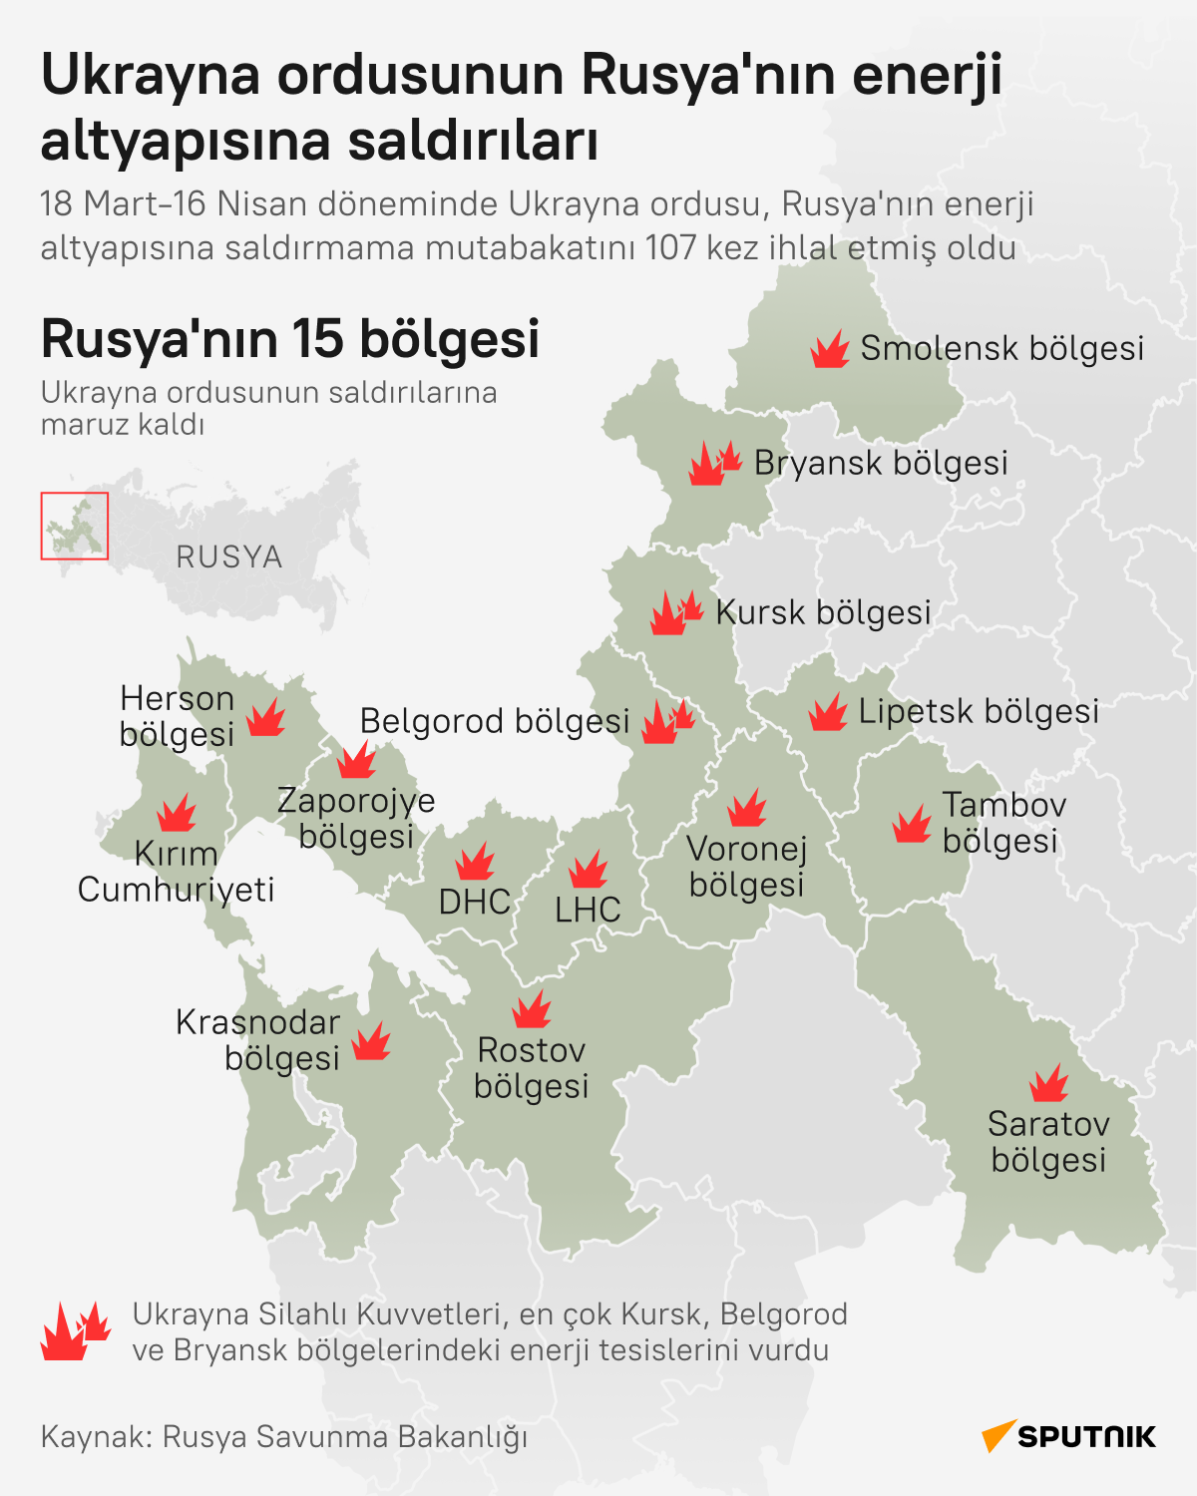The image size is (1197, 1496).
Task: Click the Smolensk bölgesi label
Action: pyautogui.click(x=1001, y=349)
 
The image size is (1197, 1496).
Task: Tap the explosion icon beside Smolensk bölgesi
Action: pyautogui.click(x=829, y=350)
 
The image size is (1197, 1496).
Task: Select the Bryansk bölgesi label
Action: pyautogui.click(x=881, y=464)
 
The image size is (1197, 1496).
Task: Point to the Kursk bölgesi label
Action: pyautogui.click(x=823, y=612)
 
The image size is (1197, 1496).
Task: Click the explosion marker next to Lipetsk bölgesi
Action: pyautogui.click(x=828, y=713)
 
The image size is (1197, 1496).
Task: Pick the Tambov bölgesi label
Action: pyautogui.click(x=1002, y=823)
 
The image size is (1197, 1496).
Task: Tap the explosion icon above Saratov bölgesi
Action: pyautogui.click(x=1048, y=1083)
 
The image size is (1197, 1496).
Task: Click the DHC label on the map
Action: pyautogui.click(x=475, y=903)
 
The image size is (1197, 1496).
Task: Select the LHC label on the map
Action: pyautogui.click(x=588, y=910)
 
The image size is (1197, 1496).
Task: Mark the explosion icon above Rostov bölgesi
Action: pyautogui.click(x=532, y=1009)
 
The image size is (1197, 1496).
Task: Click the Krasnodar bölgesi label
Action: pyautogui.click(x=258, y=1040)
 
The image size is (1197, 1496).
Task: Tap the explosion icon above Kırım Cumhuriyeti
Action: pyautogui.click(x=178, y=813)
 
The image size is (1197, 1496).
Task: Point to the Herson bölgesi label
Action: pyautogui.click(x=177, y=716)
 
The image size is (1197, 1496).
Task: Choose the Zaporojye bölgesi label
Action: pyautogui.click(x=356, y=818)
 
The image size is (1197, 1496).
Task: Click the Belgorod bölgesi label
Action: pyautogui.click(x=495, y=721)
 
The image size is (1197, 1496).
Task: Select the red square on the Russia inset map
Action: pyautogui.click(x=75, y=526)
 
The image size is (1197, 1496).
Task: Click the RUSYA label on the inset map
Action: pyautogui.click(x=229, y=557)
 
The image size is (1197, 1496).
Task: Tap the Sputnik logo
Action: pyautogui.click(x=1068, y=1436)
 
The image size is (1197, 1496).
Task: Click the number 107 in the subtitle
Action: pyautogui.click(x=670, y=247)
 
